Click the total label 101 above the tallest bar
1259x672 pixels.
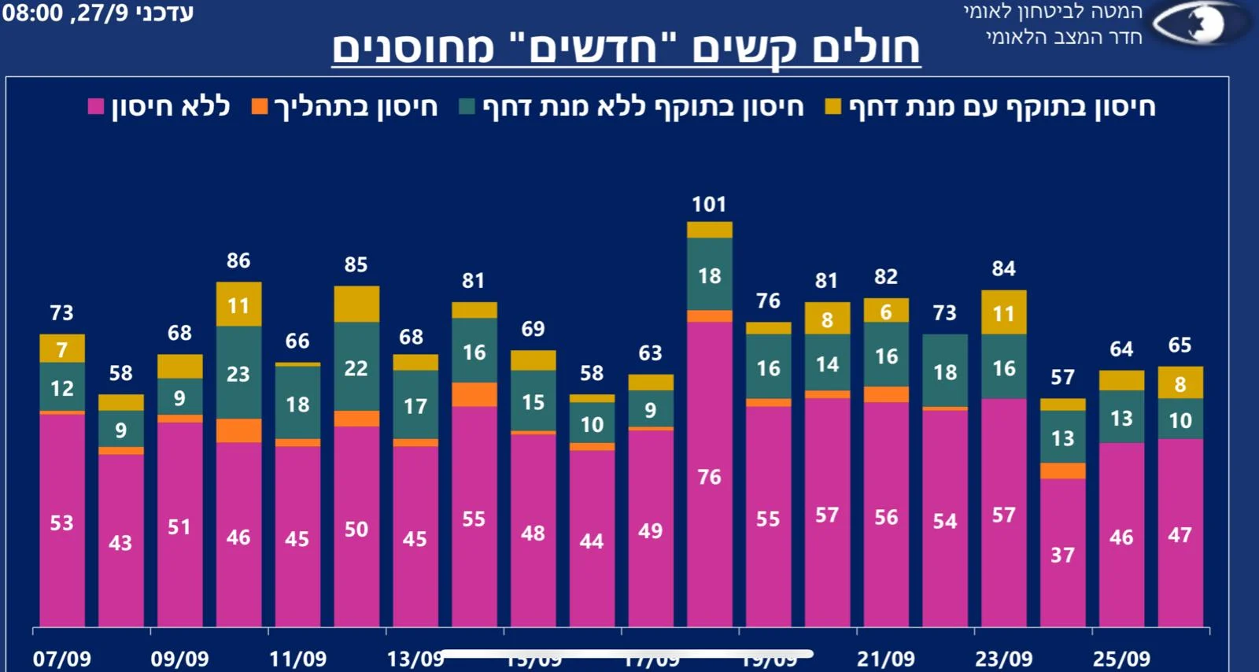point(709,205)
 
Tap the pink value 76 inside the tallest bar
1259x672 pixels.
point(709,477)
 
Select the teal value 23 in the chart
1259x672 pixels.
point(238,374)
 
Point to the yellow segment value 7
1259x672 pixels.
point(62,349)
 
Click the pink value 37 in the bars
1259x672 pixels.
point(1062,555)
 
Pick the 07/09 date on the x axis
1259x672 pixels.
point(62,659)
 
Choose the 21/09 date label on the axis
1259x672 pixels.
point(886,659)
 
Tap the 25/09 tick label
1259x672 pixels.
point(1121,659)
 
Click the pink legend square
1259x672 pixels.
point(96,107)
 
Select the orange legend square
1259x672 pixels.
point(260,107)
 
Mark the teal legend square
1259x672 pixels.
point(467,107)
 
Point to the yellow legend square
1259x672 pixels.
point(833,107)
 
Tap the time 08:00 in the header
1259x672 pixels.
point(32,13)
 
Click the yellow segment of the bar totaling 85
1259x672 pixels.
point(356,304)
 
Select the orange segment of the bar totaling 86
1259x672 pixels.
point(238,430)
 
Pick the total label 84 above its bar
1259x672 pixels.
point(1003,269)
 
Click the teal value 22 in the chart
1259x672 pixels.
point(356,368)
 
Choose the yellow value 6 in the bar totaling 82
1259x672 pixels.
point(886,312)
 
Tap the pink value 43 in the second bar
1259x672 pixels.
point(120,543)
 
